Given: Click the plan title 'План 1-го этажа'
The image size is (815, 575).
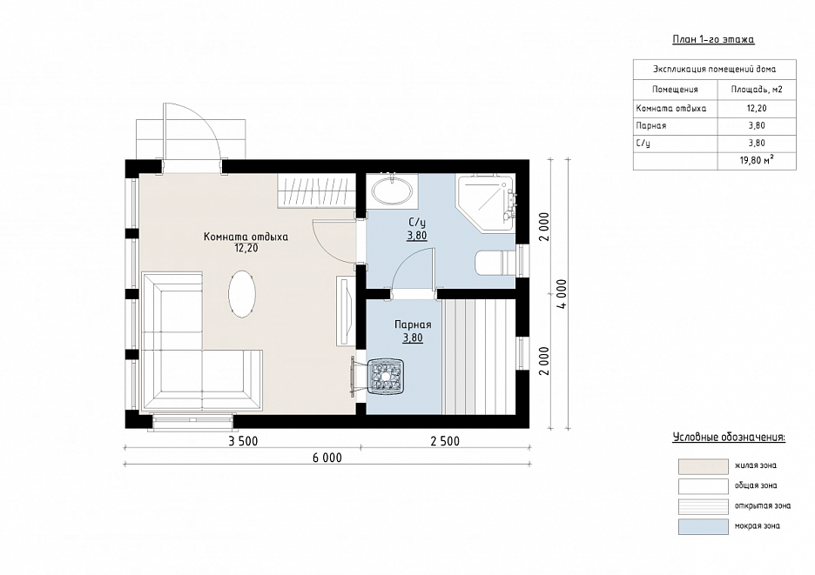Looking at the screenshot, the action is (x=713, y=39).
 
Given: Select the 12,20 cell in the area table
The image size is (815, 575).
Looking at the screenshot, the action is (x=757, y=108).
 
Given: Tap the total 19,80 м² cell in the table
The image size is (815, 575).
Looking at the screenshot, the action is (x=757, y=161).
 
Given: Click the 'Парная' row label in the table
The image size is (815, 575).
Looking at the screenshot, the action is (x=651, y=126).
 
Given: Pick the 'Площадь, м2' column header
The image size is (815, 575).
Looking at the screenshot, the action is (x=757, y=90).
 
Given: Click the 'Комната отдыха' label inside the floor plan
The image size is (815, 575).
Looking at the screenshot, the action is (x=246, y=237).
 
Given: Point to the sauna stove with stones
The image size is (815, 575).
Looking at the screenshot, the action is (x=386, y=376).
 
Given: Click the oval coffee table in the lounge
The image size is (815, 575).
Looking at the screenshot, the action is (x=242, y=293).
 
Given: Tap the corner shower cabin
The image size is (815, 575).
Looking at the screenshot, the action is (x=484, y=200).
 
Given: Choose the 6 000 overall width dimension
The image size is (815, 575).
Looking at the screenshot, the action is (x=327, y=458).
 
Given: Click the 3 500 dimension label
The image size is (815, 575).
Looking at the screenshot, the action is (x=243, y=442).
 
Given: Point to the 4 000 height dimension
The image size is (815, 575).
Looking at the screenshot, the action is (x=562, y=294).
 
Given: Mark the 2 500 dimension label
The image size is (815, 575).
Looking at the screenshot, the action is (x=445, y=442).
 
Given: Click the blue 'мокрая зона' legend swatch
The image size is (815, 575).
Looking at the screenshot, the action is (x=704, y=526).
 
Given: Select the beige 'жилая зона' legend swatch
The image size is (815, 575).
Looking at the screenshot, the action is (x=704, y=466).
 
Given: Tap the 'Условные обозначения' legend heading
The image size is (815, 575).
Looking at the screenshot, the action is (x=729, y=437).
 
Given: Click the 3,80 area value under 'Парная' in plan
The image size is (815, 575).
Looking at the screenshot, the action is (x=413, y=338).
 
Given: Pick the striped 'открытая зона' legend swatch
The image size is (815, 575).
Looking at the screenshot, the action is (x=704, y=506).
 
